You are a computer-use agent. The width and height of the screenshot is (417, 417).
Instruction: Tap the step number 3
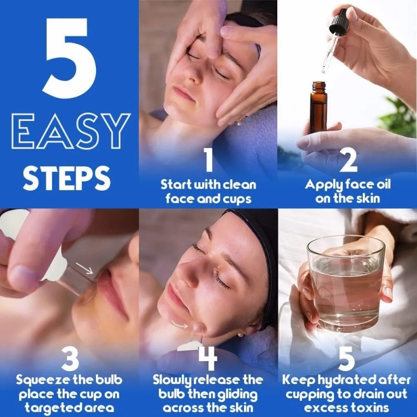69,359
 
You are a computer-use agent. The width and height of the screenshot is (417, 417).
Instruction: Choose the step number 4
208,359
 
